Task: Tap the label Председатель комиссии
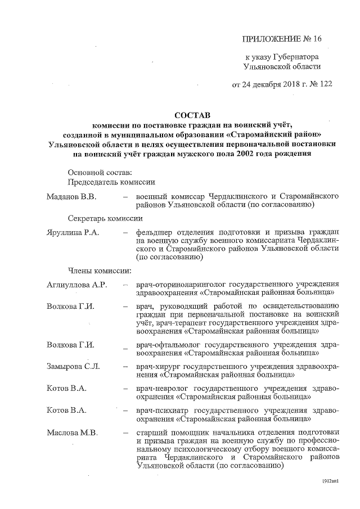[x=112, y=182]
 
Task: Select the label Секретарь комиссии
[x=105, y=218]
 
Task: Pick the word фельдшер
[x=154, y=232]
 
